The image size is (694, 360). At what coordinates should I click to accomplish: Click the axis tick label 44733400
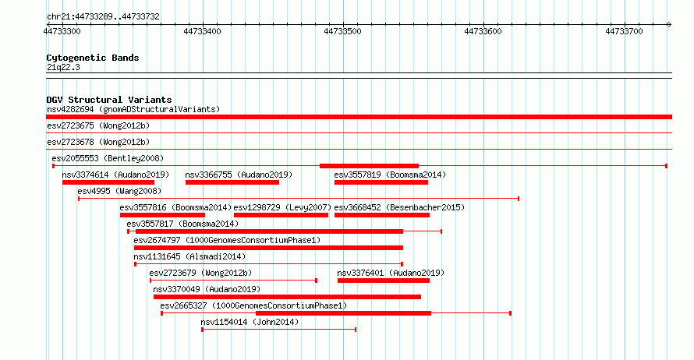(x=202, y=31)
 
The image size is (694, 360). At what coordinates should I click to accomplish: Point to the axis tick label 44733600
(x=483, y=31)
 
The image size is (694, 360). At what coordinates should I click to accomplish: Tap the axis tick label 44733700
(x=624, y=31)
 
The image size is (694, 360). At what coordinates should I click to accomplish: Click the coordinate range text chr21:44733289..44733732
(x=103, y=17)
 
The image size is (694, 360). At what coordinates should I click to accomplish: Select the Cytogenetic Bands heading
(x=93, y=58)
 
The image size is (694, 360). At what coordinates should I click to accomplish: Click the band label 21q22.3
(x=63, y=67)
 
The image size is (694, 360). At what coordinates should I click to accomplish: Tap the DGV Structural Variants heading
(x=109, y=100)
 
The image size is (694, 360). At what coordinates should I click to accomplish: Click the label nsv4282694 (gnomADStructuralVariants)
(x=133, y=109)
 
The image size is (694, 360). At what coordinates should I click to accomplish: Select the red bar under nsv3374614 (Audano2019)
(x=108, y=182)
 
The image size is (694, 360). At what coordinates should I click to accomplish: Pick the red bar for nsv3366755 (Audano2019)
(x=232, y=182)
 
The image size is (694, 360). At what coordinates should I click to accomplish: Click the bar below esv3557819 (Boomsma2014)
(x=381, y=182)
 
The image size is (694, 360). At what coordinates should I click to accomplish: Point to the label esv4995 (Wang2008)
(x=119, y=191)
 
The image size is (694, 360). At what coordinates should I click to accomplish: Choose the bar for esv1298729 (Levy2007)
(x=281, y=215)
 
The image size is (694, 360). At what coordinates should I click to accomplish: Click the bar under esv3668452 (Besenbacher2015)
(x=382, y=215)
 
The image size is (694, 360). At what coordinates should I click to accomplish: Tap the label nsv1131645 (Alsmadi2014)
(x=189, y=256)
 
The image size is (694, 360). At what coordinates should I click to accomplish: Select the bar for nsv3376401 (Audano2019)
(x=384, y=281)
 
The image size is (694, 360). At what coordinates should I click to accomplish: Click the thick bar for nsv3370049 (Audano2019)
(x=287, y=297)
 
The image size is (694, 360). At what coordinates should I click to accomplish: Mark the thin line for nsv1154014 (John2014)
(x=279, y=330)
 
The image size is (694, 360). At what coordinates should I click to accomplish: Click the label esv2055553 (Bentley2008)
(x=108, y=158)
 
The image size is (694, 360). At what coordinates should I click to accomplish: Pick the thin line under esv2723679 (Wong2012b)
(x=234, y=281)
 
